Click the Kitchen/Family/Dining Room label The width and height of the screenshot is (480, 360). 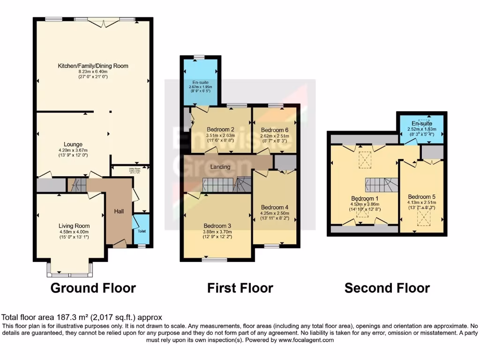93,66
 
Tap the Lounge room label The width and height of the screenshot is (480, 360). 74,144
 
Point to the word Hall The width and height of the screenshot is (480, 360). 119,212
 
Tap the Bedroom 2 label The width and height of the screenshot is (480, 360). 220,130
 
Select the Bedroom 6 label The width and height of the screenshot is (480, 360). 275,130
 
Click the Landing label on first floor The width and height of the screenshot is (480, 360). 220,167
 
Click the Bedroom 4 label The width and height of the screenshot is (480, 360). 274,207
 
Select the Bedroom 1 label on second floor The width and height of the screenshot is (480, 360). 366,198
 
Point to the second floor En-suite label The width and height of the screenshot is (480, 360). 421,123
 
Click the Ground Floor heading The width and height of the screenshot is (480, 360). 93,287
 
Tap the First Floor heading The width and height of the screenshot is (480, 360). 240,287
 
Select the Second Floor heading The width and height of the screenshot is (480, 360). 387,287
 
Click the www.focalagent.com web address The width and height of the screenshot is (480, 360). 307,340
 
